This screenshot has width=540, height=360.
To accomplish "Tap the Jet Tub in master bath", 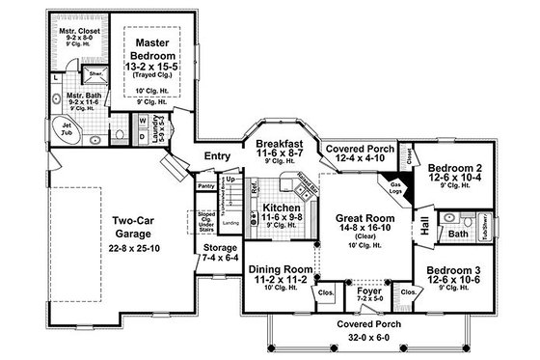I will coord(66,131).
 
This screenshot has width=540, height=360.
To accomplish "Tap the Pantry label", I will coord(204,185).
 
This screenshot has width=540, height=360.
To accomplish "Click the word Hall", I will coord(424,225).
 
